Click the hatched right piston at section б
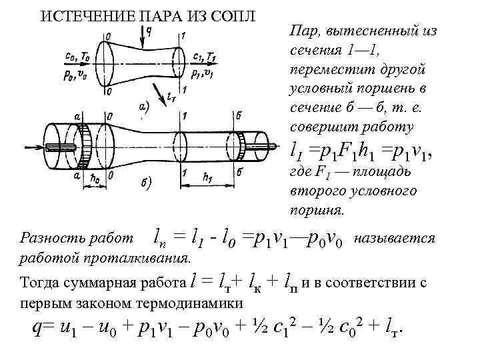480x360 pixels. pos(237,143)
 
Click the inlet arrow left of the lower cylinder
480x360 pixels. pos(33,147)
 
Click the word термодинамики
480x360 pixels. pos(167,303)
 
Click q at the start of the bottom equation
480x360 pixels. pos(37,329)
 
